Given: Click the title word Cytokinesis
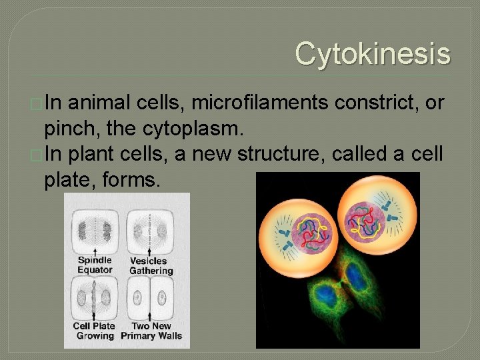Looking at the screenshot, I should pyautogui.click(x=373, y=53).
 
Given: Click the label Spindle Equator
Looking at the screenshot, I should pyautogui.click(x=95, y=265).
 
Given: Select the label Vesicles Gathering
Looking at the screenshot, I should pyautogui.click(x=151, y=265).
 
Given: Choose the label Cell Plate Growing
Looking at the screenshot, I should pyautogui.click(x=94, y=331).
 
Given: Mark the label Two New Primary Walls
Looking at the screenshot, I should pyautogui.click(x=151, y=331).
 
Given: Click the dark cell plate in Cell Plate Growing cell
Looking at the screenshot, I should pyautogui.click(x=94, y=297).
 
